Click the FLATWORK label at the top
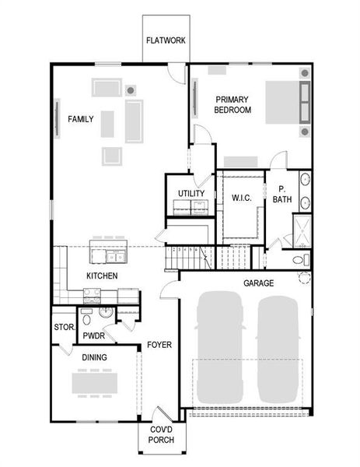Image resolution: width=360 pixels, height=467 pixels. pyautogui.click(x=166, y=41)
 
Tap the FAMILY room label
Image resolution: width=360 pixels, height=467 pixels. pyautogui.click(x=81, y=119)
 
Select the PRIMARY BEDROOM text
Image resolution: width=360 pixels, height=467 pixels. pyautogui.click(x=233, y=104)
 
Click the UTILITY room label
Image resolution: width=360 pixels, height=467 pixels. pyautogui.click(x=190, y=193)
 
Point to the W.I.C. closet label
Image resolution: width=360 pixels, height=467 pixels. pyautogui.click(x=242, y=198)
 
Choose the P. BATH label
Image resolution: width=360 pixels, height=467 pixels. pyautogui.click(x=281, y=195)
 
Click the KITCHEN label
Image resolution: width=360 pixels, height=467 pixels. pyautogui.click(x=102, y=276)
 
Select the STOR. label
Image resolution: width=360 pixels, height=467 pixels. pyautogui.click(x=63, y=328)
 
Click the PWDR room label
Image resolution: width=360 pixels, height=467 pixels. pyautogui.click(x=94, y=336)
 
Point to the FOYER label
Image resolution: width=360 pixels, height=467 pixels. pyautogui.click(x=159, y=344)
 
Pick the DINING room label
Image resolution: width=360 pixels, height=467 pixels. pyautogui.click(x=94, y=357)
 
